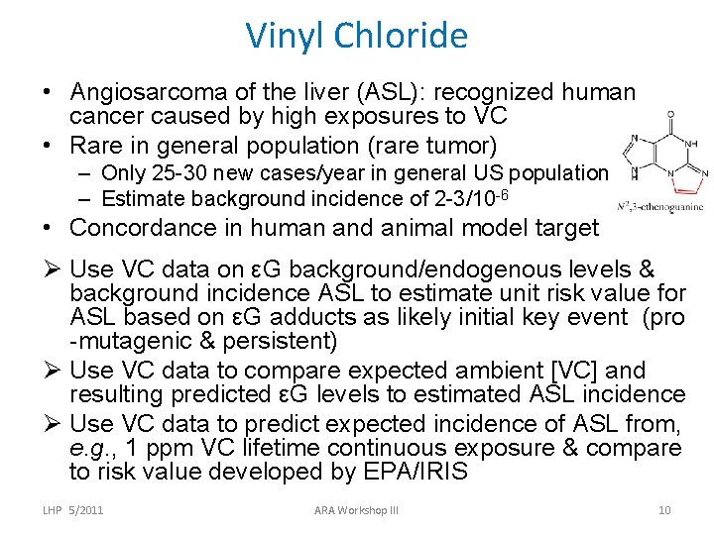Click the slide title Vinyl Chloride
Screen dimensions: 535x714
click(x=357, y=37)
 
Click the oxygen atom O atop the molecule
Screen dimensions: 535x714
click(x=671, y=115)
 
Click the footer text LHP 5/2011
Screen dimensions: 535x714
click(x=73, y=510)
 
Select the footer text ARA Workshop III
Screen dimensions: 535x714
click(x=356, y=510)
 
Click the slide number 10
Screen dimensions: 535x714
click(x=663, y=510)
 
